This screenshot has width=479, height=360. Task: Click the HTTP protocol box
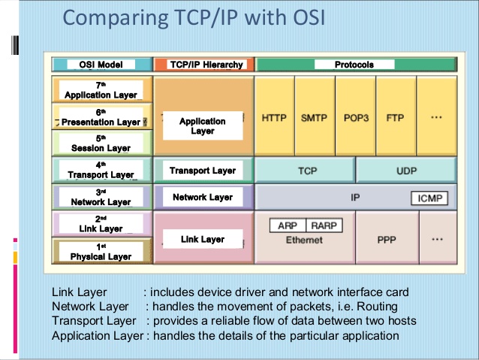click(275, 118)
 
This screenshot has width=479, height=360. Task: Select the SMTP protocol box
click(314, 118)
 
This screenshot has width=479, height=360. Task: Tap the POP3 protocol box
click(355, 118)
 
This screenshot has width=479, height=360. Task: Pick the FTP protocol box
click(395, 118)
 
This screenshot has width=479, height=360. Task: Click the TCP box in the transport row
click(307, 171)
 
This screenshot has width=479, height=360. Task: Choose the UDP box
click(405, 171)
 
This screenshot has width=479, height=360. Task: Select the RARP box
click(324, 225)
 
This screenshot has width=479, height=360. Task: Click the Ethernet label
click(304, 240)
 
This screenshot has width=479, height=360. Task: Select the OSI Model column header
click(101, 65)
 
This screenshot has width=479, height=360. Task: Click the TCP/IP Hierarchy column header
click(203, 65)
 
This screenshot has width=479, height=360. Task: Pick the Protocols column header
click(354, 65)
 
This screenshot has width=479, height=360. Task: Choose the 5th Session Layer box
click(101, 144)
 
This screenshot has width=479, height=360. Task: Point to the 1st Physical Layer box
click(101, 252)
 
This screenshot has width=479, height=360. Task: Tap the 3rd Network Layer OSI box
click(101, 198)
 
